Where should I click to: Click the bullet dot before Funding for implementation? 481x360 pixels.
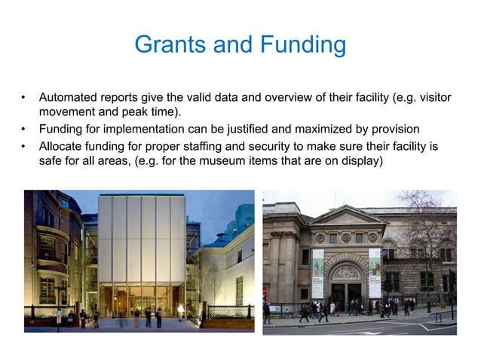tap(24, 129)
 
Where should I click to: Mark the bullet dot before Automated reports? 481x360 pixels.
tap(24, 99)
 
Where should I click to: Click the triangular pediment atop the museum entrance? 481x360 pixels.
tap(346, 218)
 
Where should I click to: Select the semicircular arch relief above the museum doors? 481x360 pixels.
tap(346, 271)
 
